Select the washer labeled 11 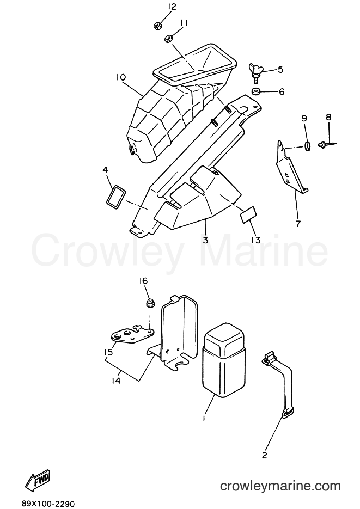pos(168,39)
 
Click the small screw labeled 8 pos(327,143)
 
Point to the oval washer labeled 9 pos(307,146)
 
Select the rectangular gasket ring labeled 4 pos(115,195)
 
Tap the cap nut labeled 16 pos(150,304)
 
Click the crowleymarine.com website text pos(280,486)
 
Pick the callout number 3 pos(205,240)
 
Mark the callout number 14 pos(115,380)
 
